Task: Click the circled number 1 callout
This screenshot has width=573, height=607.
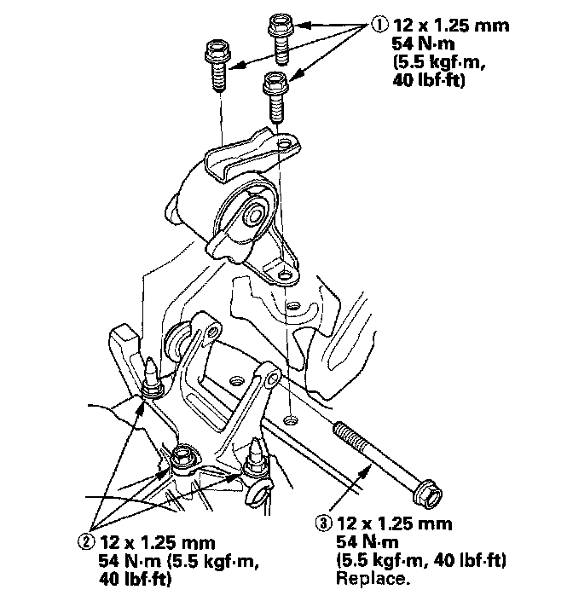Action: [x=379, y=25]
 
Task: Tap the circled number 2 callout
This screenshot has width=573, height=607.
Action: [x=86, y=541]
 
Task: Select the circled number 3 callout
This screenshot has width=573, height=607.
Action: [x=324, y=523]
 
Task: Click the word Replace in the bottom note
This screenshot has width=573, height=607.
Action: [x=373, y=579]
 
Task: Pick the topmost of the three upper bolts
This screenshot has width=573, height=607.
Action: [x=281, y=38]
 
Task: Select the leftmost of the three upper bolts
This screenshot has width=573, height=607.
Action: [x=218, y=65]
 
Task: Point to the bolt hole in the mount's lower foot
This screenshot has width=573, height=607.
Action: [x=285, y=275]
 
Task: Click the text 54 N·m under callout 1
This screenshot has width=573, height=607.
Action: [x=423, y=43]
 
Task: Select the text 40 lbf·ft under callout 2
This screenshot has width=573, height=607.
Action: [x=135, y=579]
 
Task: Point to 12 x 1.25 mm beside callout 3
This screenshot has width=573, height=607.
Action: [x=395, y=523]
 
